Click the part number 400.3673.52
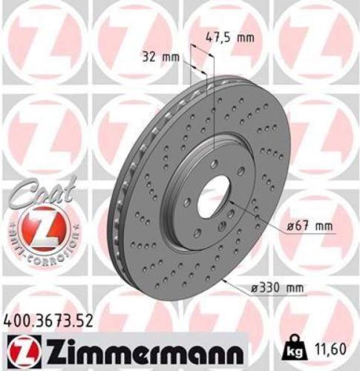point(50,321)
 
